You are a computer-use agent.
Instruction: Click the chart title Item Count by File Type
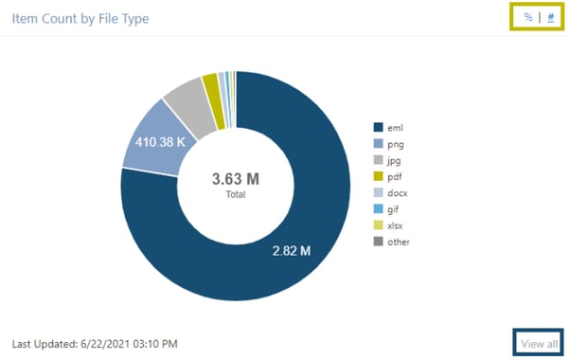pos(80,18)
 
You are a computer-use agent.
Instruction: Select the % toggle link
pos(527,17)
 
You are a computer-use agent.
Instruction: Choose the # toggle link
pos(551,17)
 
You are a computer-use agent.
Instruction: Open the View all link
pos(540,343)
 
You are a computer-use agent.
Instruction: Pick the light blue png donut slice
pos(151,142)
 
